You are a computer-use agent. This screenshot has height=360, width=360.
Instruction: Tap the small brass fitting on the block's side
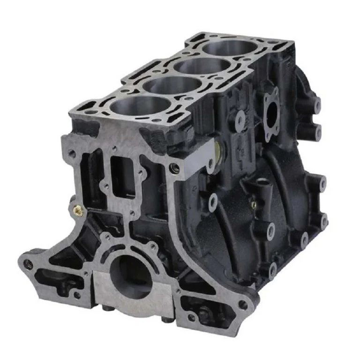tap(253, 204)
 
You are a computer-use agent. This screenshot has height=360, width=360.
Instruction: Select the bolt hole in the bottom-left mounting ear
tap(29, 264)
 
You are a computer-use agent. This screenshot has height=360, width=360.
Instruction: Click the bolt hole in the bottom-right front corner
tap(243, 305)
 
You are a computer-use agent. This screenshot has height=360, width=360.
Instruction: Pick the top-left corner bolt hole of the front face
tap(72, 153)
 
